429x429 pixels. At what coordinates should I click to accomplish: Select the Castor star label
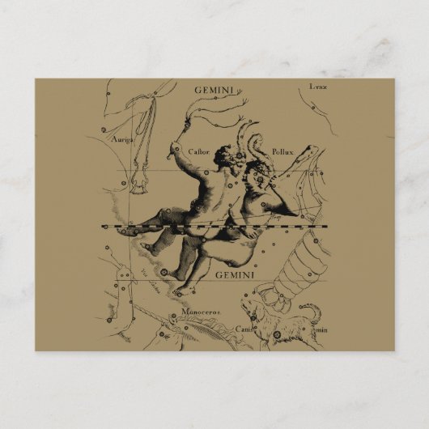point(198,151)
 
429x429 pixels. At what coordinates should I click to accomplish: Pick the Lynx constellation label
point(318,86)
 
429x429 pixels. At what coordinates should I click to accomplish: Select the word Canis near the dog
point(245,328)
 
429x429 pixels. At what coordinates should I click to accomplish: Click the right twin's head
point(257,171)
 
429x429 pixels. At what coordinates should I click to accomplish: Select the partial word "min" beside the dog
point(321,329)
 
